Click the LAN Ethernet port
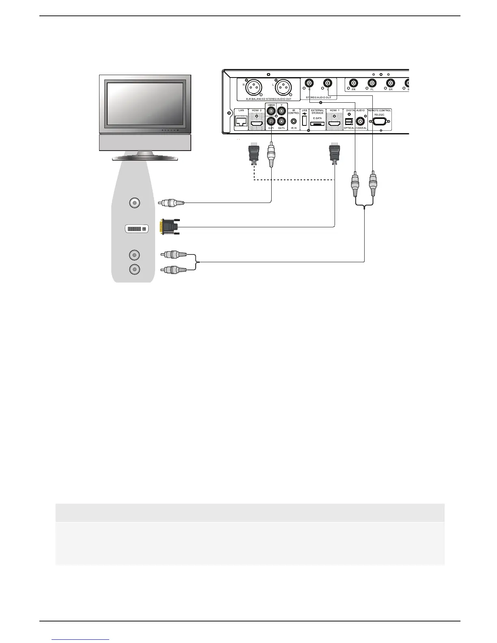tap(241, 121)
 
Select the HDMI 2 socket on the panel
tap(256, 123)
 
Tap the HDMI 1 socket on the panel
tap(334, 123)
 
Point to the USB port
tap(304, 121)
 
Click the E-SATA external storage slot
tap(318, 123)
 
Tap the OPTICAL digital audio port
tap(348, 121)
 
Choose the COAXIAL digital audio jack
tap(360, 121)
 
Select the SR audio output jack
tap(390, 84)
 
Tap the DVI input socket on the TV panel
tap(136, 229)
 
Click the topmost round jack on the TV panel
tap(134, 203)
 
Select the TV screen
tap(145, 104)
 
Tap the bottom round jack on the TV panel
tap(134, 269)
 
